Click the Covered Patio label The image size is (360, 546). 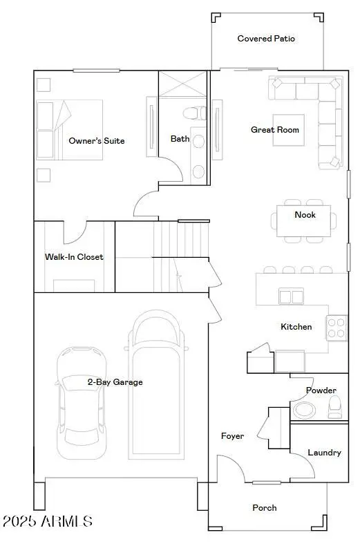coord(266,39)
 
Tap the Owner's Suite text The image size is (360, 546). coord(97,141)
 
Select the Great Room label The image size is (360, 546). coord(275,130)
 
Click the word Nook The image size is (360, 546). coord(305,215)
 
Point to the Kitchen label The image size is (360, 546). coord(296,327)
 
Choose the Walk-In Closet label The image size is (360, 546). coord(74,257)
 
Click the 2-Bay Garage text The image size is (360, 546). coord(115,382)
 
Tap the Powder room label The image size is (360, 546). coord(321,390)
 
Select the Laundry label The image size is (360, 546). coord(324,453)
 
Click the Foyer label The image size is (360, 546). coord(232,436)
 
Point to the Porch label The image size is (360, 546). coord(264,508)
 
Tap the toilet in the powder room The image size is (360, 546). coord(334,407)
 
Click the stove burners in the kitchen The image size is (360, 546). coord(337,327)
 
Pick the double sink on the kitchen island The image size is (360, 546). coord(291,296)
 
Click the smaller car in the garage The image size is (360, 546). coord(81,401)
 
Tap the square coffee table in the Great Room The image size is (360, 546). coord(287,130)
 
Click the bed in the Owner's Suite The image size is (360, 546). coord(69,129)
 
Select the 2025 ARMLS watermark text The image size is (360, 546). coord(47,520)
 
